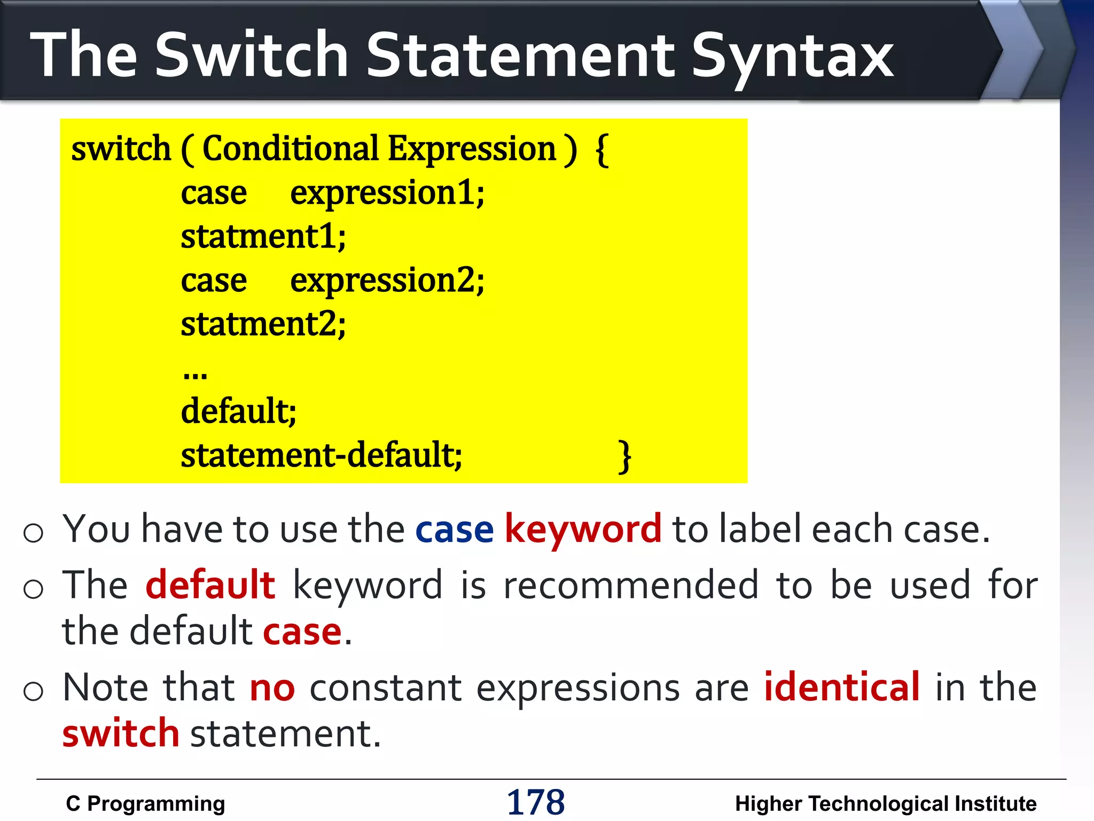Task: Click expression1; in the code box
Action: tap(387, 193)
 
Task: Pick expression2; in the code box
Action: tap(387, 281)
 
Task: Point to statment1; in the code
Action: tap(263, 237)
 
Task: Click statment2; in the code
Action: tap(263, 324)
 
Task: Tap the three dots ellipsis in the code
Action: tap(195, 374)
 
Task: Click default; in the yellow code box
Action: tap(238, 412)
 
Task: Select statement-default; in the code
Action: tap(321, 455)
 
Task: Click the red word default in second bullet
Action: tap(210, 585)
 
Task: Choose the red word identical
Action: tap(842, 687)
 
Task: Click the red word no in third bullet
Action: tap(272, 688)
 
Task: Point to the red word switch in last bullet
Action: tap(121, 733)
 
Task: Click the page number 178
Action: tap(536, 802)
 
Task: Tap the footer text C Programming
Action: tap(145, 804)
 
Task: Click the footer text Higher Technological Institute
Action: tap(886, 804)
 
